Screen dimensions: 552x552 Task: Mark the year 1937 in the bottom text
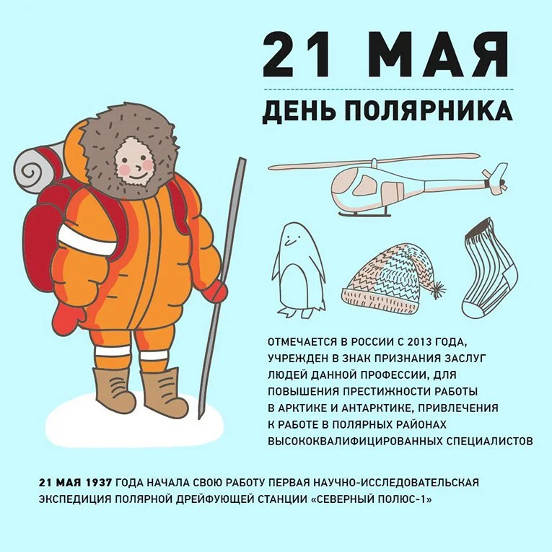pyautogui.click(x=96, y=482)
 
